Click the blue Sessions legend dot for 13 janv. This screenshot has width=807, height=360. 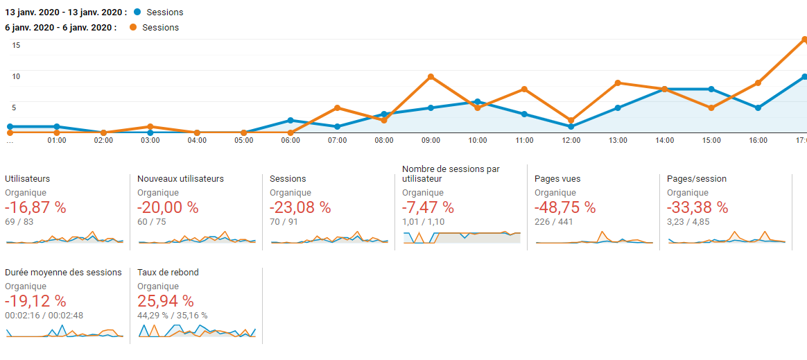[x=137, y=12]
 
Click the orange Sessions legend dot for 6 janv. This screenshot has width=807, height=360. [x=132, y=28]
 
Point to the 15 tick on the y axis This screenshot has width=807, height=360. [x=16, y=45]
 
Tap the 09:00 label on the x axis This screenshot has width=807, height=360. [x=431, y=141]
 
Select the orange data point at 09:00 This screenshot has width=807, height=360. [x=431, y=76]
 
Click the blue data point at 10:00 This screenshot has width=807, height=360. [x=477, y=102]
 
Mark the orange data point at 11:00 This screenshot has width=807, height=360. [x=524, y=89]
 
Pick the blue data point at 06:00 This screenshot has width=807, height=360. [x=290, y=120]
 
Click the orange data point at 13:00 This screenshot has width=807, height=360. [x=618, y=83]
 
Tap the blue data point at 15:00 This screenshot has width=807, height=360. [x=711, y=89]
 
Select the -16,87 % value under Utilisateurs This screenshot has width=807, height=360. [x=35, y=207]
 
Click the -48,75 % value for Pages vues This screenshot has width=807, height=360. [x=565, y=207]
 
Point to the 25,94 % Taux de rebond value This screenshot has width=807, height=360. [x=166, y=301]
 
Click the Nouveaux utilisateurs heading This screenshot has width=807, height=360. [x=180, y=179]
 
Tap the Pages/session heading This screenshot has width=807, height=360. [x=697, y=179]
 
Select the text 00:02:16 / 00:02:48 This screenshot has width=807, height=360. [x=44, y=316]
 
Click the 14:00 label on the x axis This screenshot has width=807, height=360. [x=664, y=141]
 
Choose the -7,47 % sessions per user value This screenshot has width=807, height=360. [x=428, y=207]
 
